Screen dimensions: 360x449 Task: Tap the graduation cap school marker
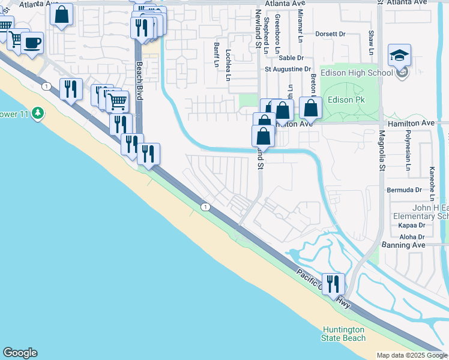tap(399, 57)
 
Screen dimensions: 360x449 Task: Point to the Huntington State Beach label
tap(343, 334)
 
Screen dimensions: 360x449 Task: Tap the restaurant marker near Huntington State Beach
tap(333, 284)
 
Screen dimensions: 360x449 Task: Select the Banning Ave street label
tap(403, 245)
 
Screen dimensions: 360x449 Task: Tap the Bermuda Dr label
tap(405, 190)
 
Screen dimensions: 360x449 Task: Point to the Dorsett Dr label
tap(330, 34)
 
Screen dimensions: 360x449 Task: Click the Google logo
tap(20, 353)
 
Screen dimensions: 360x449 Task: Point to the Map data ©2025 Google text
tap(411, 355)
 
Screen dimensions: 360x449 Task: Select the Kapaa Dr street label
tap(412, 226)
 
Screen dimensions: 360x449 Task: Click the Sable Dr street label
tap(291, 58)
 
